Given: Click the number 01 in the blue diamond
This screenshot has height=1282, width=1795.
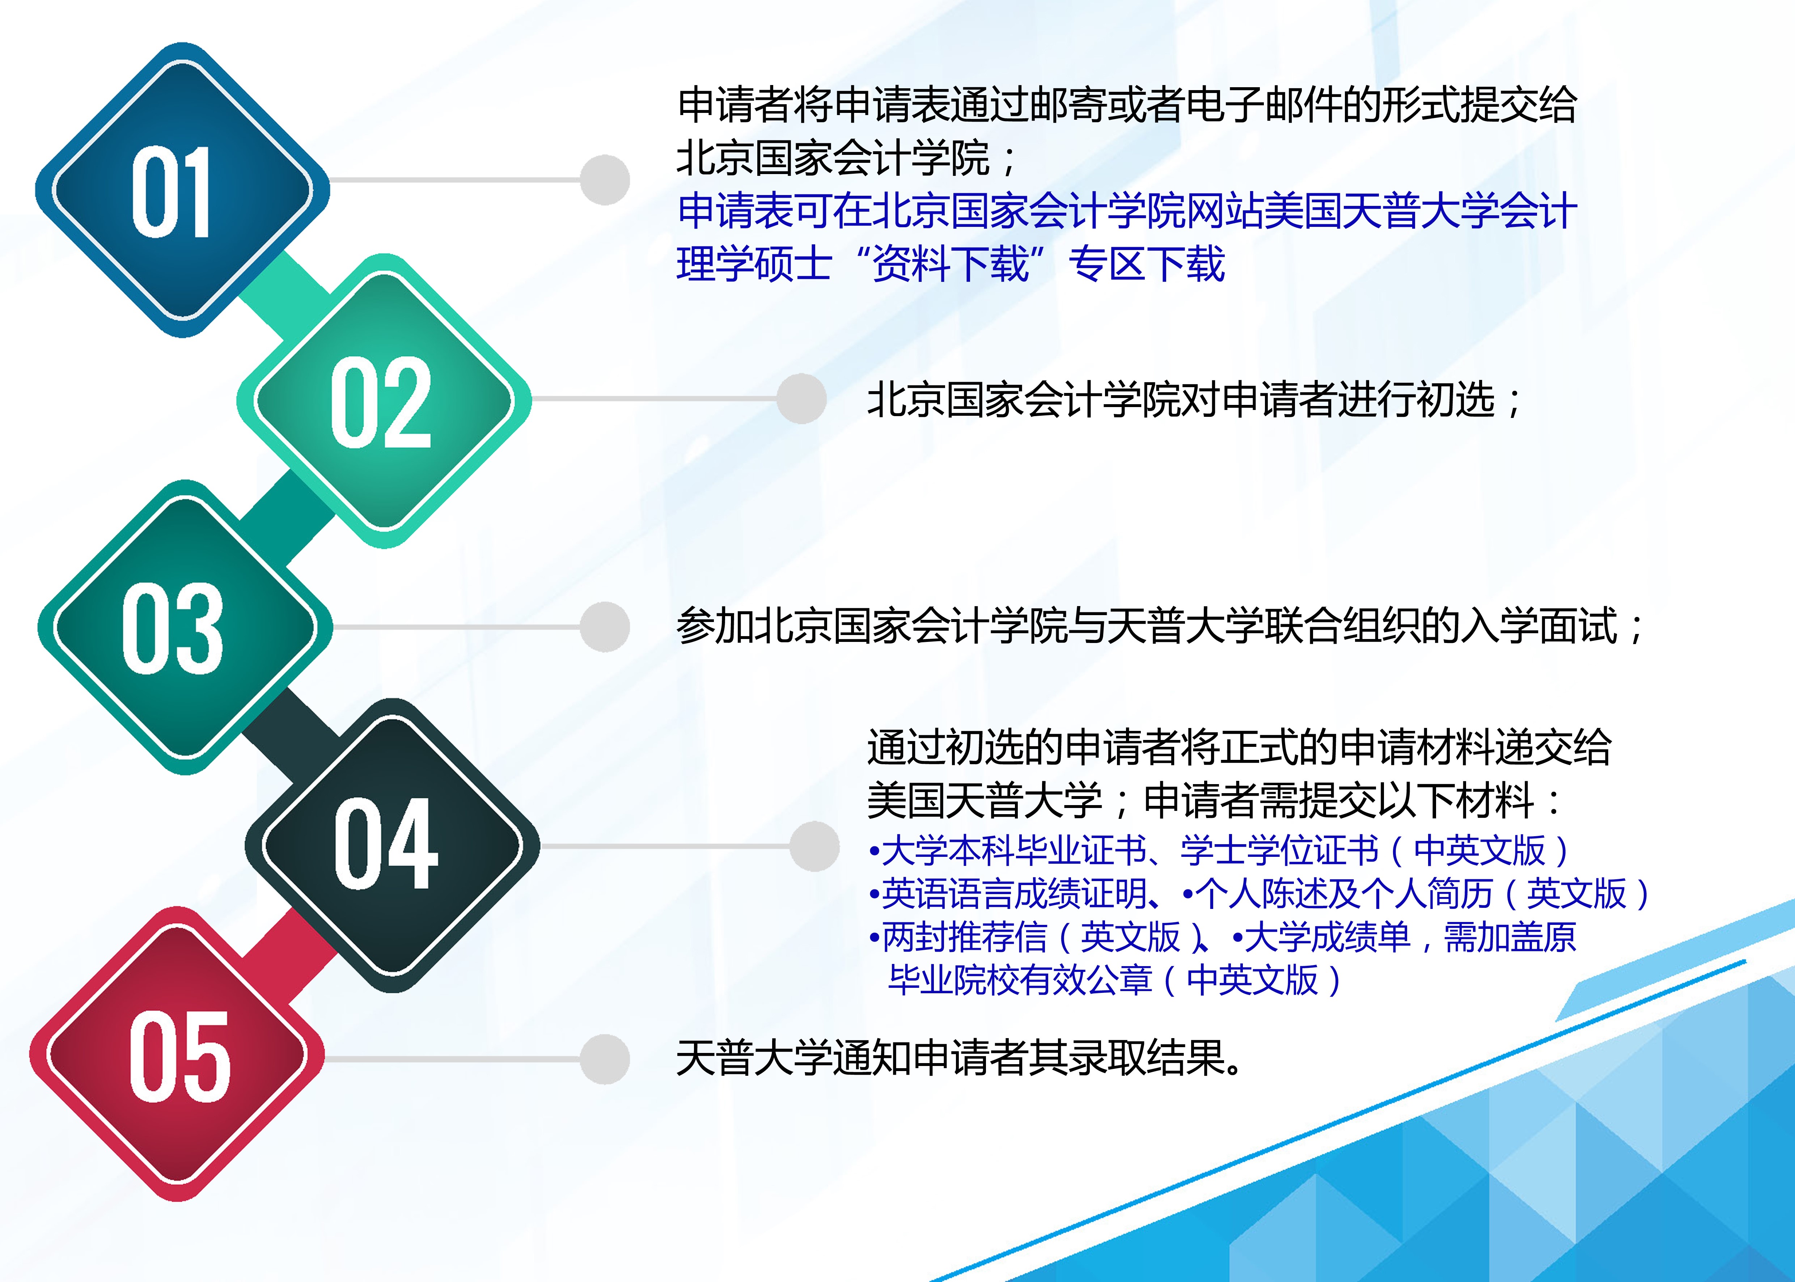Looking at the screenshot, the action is coord(171,192).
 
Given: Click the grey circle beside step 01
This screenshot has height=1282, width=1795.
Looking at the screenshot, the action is coord(605,180).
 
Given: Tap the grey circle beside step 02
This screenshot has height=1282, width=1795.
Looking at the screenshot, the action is coord(801,399).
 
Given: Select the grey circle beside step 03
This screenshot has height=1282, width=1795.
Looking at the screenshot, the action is coord(605,627).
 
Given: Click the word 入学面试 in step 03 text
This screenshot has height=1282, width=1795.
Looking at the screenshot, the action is coord(1538,627).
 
